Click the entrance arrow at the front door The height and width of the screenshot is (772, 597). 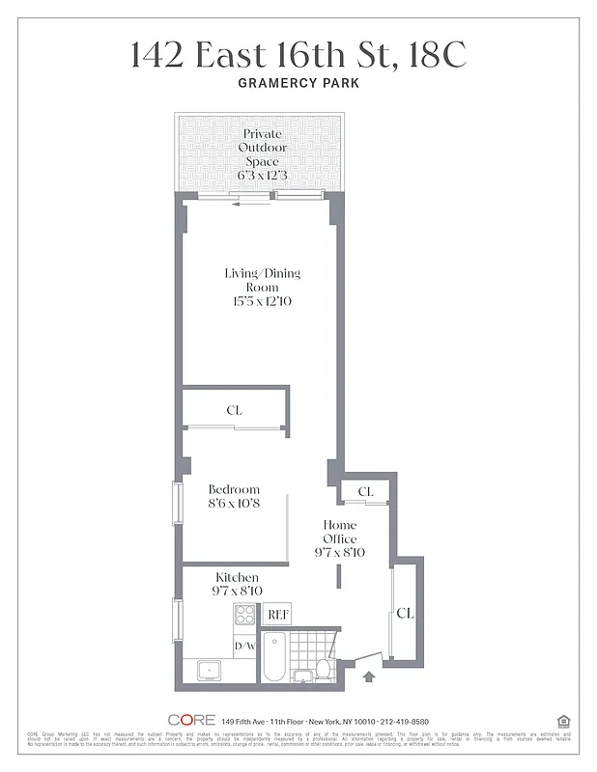pos(368,677)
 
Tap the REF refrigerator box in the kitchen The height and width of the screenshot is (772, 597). pos(277,614)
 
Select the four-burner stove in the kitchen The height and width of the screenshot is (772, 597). pos(244,614)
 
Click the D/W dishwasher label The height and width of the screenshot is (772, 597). pos(243,646)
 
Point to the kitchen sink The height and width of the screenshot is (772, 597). pos(207,670)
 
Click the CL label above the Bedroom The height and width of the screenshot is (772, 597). pos(234,410)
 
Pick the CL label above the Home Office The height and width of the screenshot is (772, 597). pos(365,492)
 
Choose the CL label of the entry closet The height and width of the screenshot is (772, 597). pos(405,613)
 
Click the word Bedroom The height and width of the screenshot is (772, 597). pos(234,489)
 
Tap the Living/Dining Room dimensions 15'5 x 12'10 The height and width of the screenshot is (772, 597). pos(263,302)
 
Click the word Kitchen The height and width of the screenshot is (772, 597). pos(237,577)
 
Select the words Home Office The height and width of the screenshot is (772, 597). pos(340,532)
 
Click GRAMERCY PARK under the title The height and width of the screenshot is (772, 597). pos(298,84)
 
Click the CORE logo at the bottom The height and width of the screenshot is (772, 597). pos(190,720)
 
